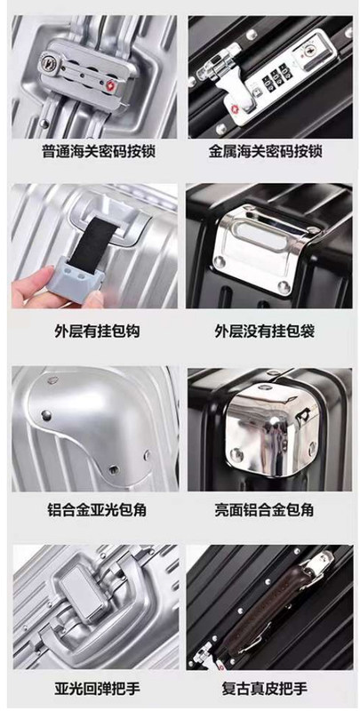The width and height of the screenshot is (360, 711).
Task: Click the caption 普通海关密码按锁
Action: pos(98,151)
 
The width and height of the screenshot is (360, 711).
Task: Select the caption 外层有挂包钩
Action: pos(97,331)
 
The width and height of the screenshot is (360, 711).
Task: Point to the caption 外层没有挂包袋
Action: pos(264,331)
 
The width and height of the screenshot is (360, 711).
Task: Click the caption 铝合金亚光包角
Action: pos(97,510)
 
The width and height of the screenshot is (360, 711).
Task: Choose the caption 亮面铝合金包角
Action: pos(264,510)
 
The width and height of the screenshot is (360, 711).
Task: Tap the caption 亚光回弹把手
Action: pos(97,690)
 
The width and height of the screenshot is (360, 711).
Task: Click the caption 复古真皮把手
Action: pos(264,690)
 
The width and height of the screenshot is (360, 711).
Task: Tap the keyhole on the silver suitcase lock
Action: pos(47,60)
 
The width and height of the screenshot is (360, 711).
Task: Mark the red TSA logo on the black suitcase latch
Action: pos(235,109)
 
